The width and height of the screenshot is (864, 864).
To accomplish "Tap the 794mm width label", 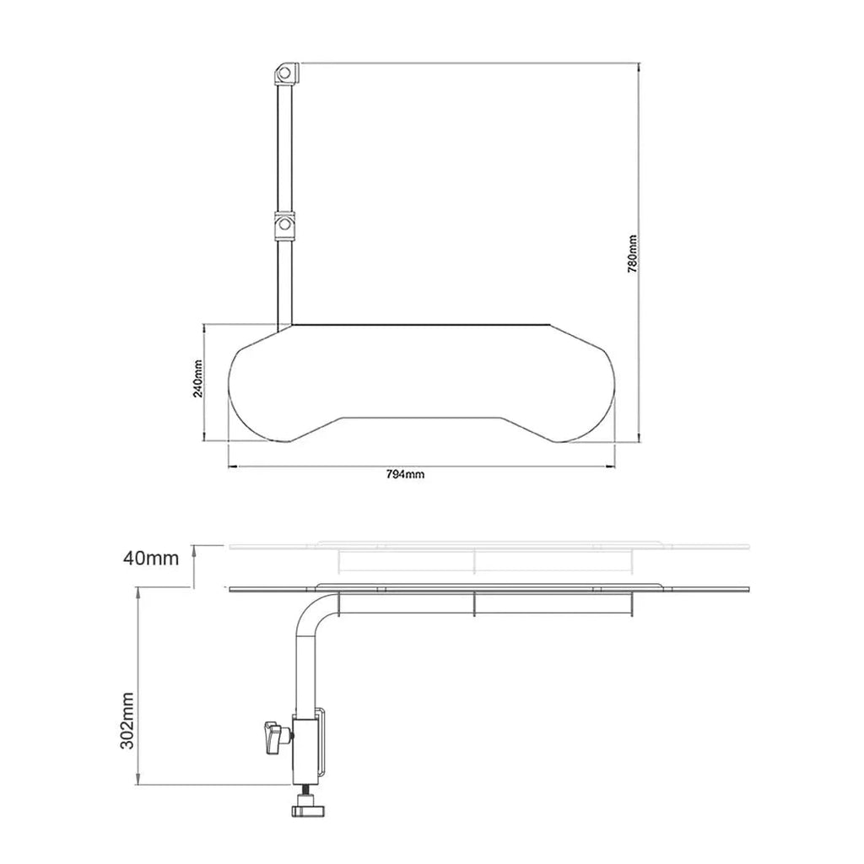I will point(405,475).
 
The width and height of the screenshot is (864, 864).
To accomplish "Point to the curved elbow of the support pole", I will point(310,612).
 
